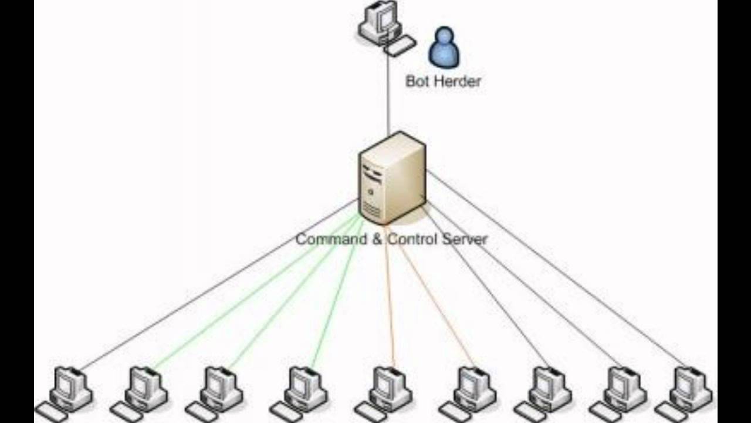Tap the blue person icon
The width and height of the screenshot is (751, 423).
tap(444, 48)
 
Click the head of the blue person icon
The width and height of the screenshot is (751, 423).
tap(445, 36)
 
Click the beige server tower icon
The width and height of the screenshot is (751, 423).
tap(392, 176)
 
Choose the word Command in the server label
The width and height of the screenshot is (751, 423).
tap(329, 239)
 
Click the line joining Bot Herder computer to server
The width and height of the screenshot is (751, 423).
tap(388, 94)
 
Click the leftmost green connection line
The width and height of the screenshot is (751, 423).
tap(252, 294)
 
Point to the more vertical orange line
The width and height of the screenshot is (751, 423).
tap(389, 294)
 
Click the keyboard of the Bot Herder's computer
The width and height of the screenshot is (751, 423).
tap(400, 46)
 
